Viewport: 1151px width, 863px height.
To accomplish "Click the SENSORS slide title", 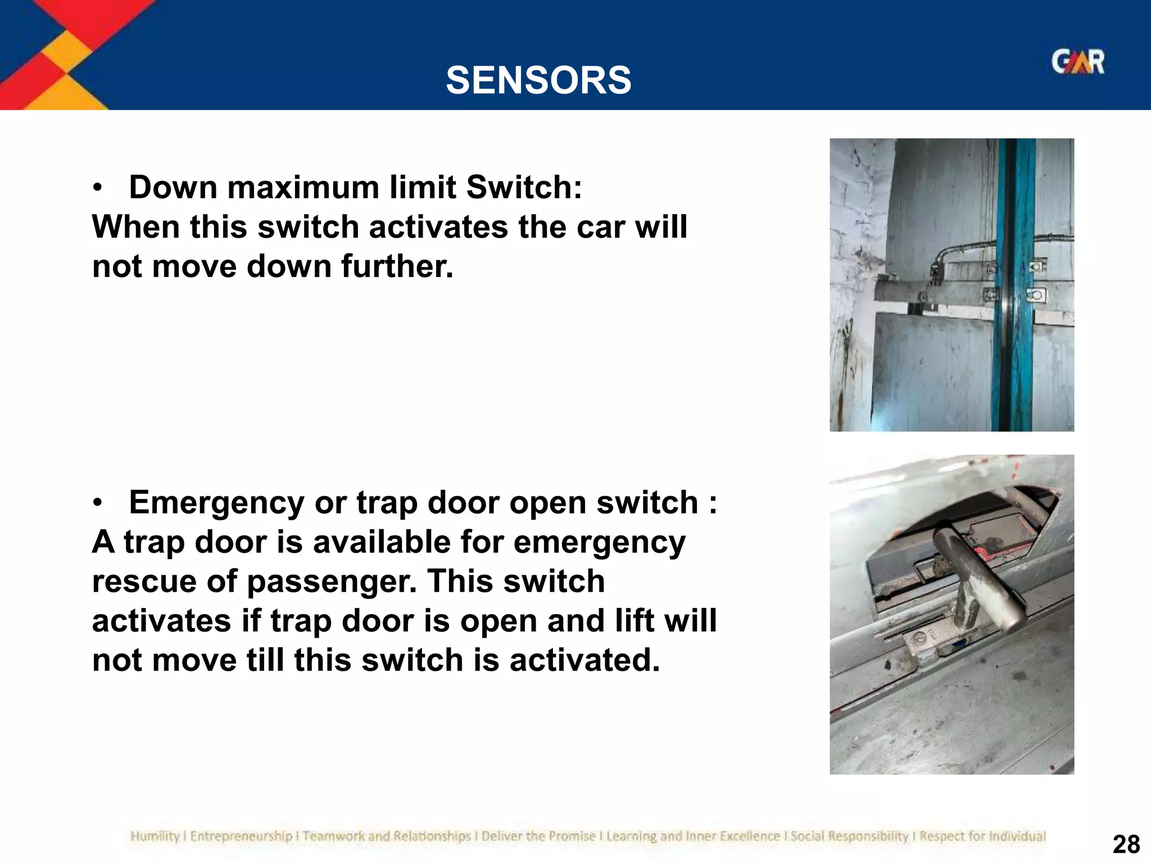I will (538, 80).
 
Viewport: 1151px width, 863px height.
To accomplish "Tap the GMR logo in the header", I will (1077, 62).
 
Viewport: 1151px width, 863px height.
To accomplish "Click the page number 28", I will (1126, 844).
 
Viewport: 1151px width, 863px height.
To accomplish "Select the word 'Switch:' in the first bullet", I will (524, 187).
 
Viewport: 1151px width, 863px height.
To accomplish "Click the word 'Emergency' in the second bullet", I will (216, 502).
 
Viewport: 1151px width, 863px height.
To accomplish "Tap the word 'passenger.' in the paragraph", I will (332, 581).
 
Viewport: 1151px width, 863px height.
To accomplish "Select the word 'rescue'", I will (144, 581).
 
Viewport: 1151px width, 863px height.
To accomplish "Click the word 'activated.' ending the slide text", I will (584, 660).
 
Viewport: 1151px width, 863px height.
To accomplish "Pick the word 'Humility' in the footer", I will (155, 837).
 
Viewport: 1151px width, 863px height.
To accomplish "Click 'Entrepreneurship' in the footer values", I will (241, 837).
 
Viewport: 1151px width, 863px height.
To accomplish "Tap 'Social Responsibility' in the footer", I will (849, 837).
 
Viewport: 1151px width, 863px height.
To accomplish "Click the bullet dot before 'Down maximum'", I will (98, 189).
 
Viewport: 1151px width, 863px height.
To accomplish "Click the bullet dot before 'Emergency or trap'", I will (98, 504).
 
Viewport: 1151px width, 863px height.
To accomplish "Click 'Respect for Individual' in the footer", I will (982, 837).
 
